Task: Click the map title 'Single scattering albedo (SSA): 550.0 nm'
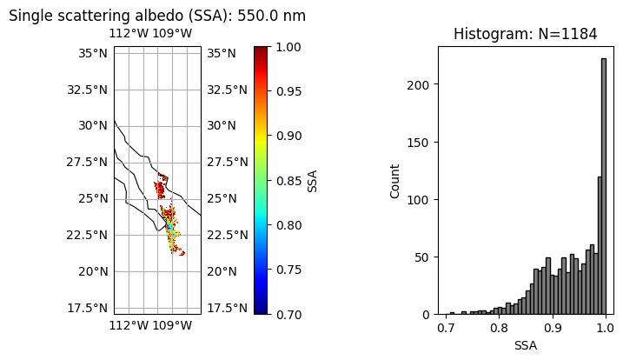pyautogui.click(x=156, y=16)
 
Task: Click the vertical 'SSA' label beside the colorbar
pyautogui.click(x=313, y=180)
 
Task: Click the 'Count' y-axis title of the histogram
pyautogui.click(x=395, y=180)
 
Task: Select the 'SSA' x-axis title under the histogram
pyautogui.click(x=525, y=345)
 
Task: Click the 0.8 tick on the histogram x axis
pyautogui.click(x=499, y=330)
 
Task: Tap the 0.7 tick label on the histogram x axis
pyautogui.click(x=446, y=330)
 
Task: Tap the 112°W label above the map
pyautogui.click(x=129, y=34)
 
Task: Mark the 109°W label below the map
pyautogui.click(x=172, y=326)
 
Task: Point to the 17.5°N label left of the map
pyautogui.click(x=89, y=308)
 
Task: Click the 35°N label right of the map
pyautogui.click(x=221, y=53)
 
